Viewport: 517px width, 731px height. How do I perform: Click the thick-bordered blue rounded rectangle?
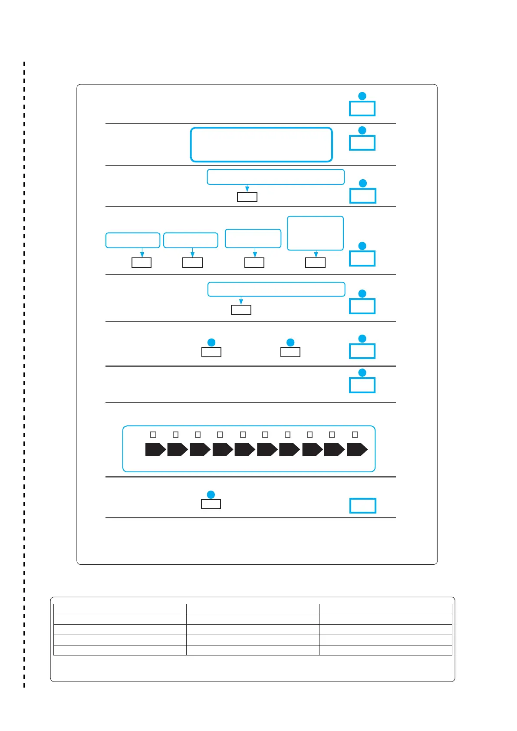[261, 145]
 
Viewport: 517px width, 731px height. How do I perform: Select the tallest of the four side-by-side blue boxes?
[315, 233]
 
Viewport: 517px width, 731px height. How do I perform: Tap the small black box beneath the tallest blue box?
[315, 263]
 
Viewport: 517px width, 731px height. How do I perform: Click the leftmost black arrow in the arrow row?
[155, 450]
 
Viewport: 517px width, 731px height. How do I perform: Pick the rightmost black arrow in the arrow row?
[357, 450]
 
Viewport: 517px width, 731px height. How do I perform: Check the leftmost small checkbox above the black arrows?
[153, 435]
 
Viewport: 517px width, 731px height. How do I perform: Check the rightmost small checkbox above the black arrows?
[355, 435]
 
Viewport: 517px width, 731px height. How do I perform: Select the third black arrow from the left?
[200, 450]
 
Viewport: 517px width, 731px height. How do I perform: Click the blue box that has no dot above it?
[363, 506]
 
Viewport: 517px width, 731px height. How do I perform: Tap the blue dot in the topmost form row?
[362, 96]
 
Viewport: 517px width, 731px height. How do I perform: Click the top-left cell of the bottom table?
[120, 609]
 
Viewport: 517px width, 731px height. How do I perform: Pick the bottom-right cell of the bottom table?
[385, 650]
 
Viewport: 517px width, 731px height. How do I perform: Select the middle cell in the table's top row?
[253, 609]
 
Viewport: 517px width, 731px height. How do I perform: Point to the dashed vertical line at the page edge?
[24, 373]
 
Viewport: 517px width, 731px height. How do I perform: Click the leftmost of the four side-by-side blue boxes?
[133, 240]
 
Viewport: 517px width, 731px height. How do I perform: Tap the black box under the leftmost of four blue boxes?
[142, 263]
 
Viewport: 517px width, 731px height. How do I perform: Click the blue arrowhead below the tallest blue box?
[316, 255]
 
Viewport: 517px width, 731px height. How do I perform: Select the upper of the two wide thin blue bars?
[276, 177]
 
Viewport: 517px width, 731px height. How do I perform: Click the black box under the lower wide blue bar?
[241, 310]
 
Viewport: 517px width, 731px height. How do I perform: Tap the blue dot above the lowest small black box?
[211, 494]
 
